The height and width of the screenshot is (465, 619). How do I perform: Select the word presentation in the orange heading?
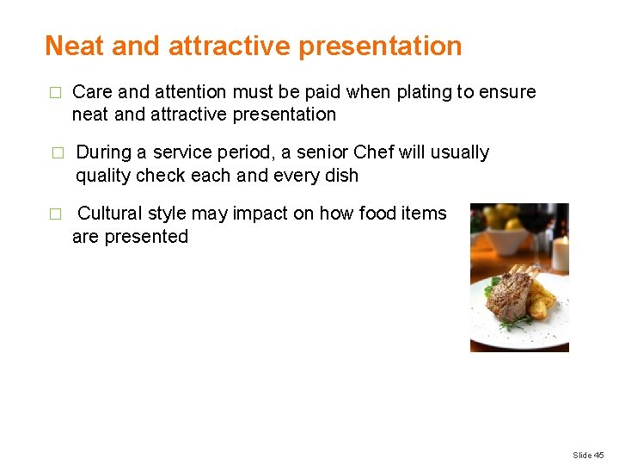pyautogui.click(x=380, y=46)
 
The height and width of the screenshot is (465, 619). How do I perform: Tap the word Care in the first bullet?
pyautogui.click(x=92, y=92)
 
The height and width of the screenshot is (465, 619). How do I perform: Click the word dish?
pyautogui.click(x=340, y=176)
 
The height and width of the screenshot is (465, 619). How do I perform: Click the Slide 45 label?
pyautogui.click(x=589, y=455)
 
